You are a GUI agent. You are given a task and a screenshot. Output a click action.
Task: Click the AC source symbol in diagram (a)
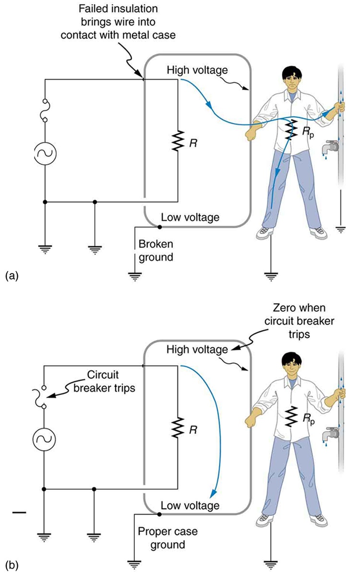pos(45,154)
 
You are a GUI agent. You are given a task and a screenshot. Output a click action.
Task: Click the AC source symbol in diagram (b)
pos(45,439)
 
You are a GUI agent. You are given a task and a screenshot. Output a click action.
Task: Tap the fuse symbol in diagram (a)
pos(45,110)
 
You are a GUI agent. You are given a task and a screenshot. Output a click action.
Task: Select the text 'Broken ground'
pos(156,250)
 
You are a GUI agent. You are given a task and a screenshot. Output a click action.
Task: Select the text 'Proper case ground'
pos(162,538)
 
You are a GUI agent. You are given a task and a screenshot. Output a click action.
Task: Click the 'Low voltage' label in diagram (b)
pos(190,505)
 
